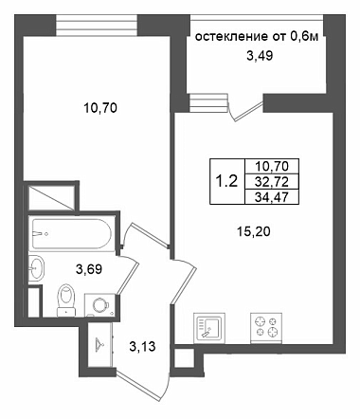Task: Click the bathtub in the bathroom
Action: (72, 234)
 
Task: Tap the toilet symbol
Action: (66, 301)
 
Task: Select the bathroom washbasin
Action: (36, 267)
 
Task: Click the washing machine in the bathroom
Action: (99, 305)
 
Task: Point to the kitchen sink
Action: (209, 327)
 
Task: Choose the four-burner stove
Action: (266, 327)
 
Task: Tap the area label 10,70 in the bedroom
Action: (100, 108)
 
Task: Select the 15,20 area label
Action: (254, 232)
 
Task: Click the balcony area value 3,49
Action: (260, 56)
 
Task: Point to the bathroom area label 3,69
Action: (89, 269)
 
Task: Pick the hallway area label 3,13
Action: (142, 347)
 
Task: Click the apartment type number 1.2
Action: (226, 181)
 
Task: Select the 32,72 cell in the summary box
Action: (272, 181)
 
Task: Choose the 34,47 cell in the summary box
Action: (272, 197)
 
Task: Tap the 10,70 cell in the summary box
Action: (272, 166)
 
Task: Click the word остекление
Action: (231, 37)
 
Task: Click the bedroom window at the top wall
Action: (97, 26)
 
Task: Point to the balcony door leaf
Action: (248, 111)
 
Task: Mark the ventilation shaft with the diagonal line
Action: (52, 197)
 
